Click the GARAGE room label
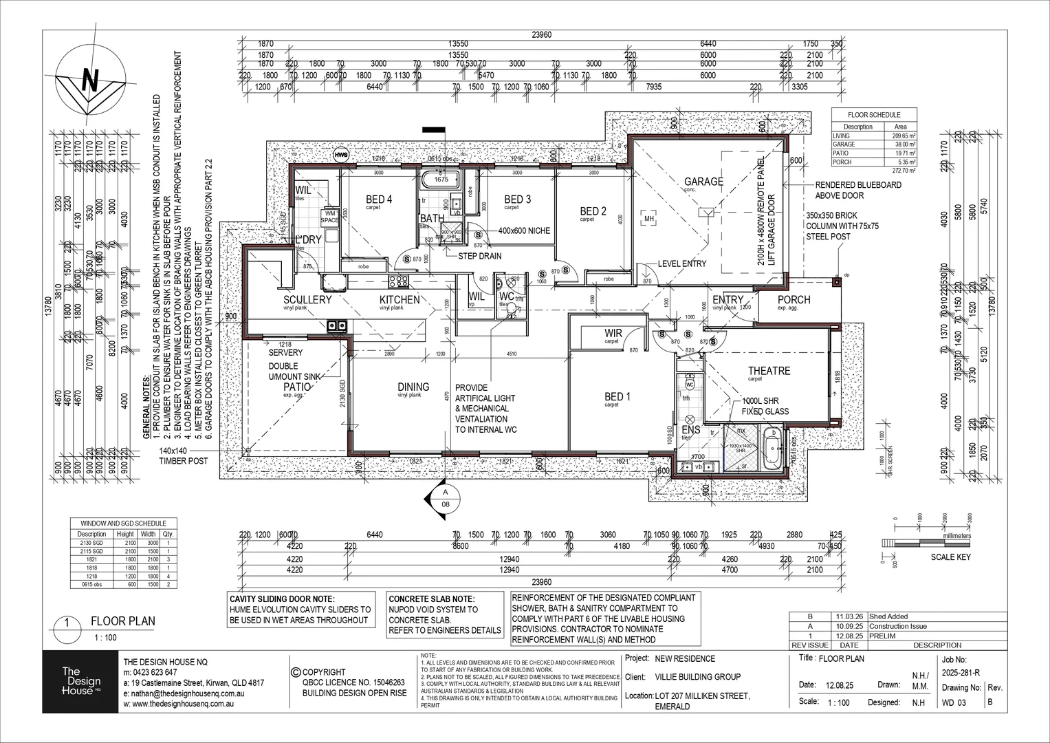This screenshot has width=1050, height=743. pyautogui.click(x=703, y=182)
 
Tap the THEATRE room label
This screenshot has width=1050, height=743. pyautogui.click(x=769, y=371)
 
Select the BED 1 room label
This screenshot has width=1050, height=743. pyautogui.click(x=617, y=396)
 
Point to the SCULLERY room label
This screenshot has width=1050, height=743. pyautogui.click(x=307, y=300)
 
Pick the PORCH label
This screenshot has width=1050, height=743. pyautogui.click(x=794, y=300)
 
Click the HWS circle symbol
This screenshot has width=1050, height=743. pyautogui.click(x=340, y=155)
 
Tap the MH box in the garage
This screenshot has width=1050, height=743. pyautogui.click(x=648, y=219)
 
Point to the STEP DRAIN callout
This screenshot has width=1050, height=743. pyautogui.click(x=480, y=256)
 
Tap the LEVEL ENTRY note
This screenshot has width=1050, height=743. pyautogui.click(x=681, y=263)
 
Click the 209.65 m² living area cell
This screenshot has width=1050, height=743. pyautogui.click(x=899, y=136)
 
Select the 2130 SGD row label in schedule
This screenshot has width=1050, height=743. pyautogui.click(x=91, y=543)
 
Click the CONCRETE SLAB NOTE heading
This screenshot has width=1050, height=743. pyautogui.click(x=431, y=599)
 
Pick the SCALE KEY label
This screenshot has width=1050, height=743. pyautogui.click(x=950, y=557)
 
